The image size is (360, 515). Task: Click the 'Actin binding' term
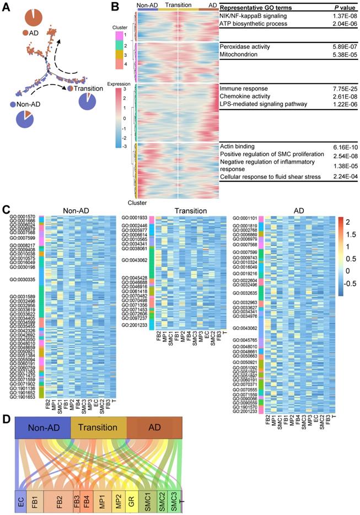coord(237,146)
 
